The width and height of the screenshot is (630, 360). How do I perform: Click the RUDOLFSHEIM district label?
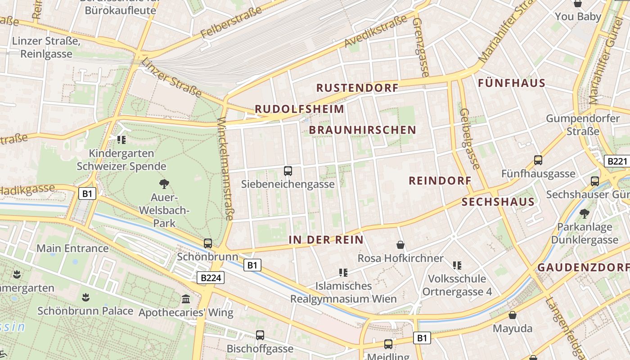pos(299,109)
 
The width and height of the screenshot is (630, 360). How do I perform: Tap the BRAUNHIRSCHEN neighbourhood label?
pos(363,130)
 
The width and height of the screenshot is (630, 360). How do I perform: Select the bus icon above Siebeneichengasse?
pos(288,171)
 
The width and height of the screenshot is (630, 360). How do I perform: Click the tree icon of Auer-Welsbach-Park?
pos(164,183)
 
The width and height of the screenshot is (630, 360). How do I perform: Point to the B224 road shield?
pos(211,278)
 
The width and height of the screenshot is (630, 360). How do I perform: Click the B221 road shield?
pos(616,161)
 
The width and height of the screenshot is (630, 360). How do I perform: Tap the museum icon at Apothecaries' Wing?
pos(186,299)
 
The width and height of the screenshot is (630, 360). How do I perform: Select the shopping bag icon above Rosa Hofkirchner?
pos(400,245)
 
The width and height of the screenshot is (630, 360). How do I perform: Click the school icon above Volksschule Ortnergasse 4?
pos(457,265)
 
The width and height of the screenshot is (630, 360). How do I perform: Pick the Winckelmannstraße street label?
pos(225,169)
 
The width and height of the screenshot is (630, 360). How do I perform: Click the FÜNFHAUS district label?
pos(512,83)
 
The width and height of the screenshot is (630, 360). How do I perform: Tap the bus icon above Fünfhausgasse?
pos(538,160)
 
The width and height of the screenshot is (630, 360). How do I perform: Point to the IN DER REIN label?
pos(326,240)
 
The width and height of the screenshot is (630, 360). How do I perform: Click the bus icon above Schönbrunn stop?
pos(207,243)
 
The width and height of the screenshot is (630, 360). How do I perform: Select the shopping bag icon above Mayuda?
pos(513,315)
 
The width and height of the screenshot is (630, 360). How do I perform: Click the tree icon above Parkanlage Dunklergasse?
pos(585,213)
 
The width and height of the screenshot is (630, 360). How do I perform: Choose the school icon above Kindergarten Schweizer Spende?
pos(121,140)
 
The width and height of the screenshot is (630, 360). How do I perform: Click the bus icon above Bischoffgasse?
pos(260,335)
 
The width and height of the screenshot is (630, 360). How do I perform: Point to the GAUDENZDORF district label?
pos(583,267)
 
